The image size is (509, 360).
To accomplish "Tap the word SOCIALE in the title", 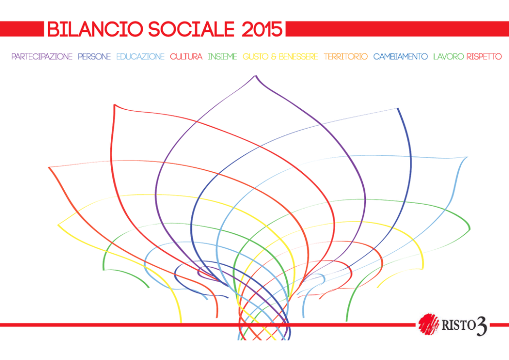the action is [191, 29].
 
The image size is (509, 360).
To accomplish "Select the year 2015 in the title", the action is [262, 29].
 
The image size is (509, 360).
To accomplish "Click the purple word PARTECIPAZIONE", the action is [42, 56].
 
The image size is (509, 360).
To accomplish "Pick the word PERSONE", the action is [94, 56].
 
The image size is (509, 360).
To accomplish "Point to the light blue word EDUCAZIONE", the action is [141, 56].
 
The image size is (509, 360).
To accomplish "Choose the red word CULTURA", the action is [186, 56].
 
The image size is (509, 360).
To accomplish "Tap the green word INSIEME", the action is [222, 56].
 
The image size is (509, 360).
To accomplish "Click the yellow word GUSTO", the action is [256, 56].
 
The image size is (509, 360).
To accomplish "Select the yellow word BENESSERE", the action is [298, 56].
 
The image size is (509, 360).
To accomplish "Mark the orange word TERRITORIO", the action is [346, 56].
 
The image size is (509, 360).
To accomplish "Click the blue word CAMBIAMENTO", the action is [401, 56].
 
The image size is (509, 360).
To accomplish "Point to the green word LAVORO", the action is [449, 56].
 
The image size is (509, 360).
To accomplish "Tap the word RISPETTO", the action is [484, 56].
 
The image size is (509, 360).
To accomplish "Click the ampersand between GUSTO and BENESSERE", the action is [273, 56].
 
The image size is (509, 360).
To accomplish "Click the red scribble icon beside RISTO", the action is [428, 324].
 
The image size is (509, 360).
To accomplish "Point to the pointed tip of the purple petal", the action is [256, 76].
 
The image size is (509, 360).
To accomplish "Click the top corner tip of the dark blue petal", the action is [398, 109].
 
